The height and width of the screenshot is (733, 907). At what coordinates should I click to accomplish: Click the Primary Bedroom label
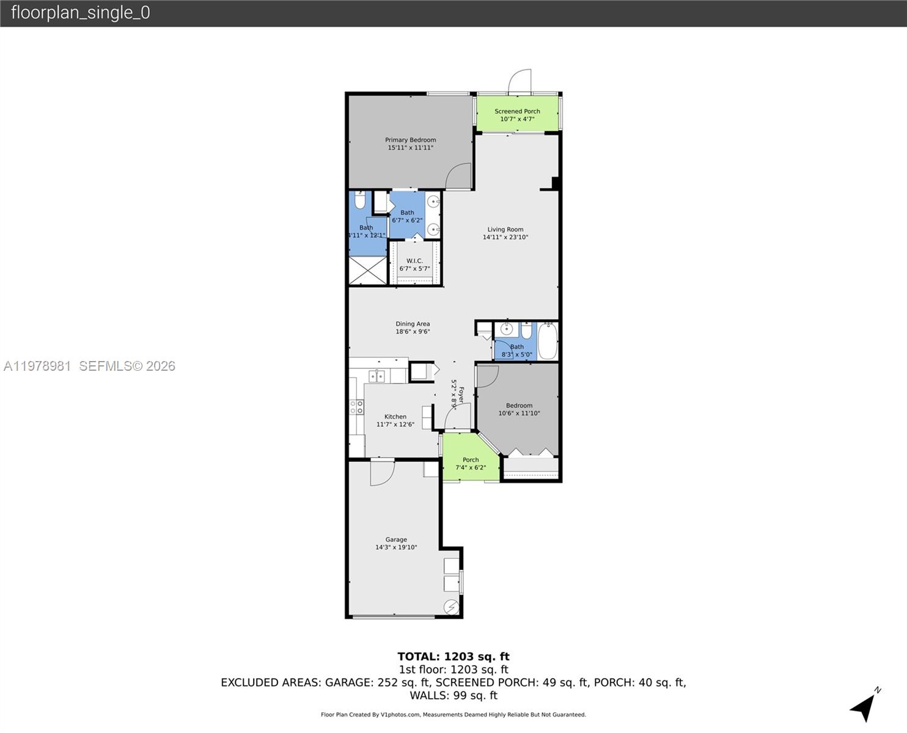point(410,140)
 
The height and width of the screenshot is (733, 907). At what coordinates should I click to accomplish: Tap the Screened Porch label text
point(517,111)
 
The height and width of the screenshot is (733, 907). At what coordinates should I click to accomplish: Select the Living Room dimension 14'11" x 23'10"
point(505,237)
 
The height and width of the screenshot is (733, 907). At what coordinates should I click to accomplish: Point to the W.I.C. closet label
point(414,261)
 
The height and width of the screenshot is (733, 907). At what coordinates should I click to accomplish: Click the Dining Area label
point(413,324)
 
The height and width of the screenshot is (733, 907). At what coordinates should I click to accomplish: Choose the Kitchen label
point(395,417)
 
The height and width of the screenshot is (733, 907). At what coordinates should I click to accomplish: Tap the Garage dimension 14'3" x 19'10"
point(396,547)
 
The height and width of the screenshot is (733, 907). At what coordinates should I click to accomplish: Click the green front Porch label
point(470,460)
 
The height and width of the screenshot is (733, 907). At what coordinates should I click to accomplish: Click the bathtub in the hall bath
point(548,341)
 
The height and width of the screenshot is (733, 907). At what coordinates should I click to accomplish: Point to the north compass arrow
point(864,706)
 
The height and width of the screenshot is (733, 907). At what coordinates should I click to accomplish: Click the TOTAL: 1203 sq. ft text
point(453,657)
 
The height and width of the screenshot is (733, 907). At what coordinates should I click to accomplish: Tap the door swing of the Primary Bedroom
point(458,177)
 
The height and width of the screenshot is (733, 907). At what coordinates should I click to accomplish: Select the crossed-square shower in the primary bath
point(367,270)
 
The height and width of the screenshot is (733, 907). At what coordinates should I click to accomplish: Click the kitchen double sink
point(377,376)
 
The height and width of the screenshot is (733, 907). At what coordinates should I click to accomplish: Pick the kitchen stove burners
point(356,407)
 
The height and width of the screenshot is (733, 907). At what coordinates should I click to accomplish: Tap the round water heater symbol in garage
point(452,607)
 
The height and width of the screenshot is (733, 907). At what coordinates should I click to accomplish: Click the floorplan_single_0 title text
point(81,13)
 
